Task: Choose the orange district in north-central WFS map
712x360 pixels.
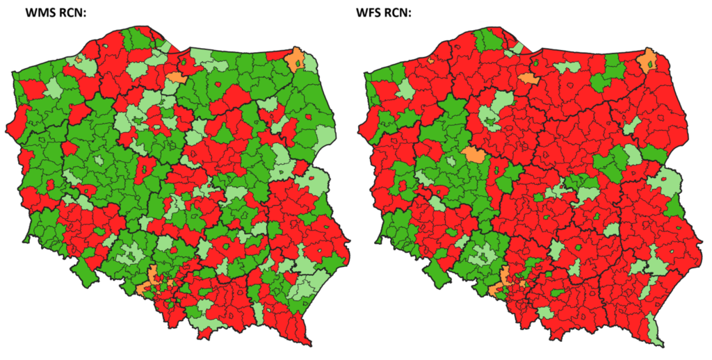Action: coord(528,79)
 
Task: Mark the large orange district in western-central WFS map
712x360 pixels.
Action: coord(477,154)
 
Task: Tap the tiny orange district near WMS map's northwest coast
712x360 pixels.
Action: coord(79,60)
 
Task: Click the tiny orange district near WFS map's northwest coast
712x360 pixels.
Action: coord(431,60)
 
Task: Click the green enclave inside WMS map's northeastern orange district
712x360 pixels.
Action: coord(298,65)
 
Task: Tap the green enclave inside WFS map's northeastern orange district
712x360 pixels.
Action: coord(651,65)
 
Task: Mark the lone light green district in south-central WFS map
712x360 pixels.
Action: coord(556,250)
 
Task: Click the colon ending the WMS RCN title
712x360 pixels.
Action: coord(83,14)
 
